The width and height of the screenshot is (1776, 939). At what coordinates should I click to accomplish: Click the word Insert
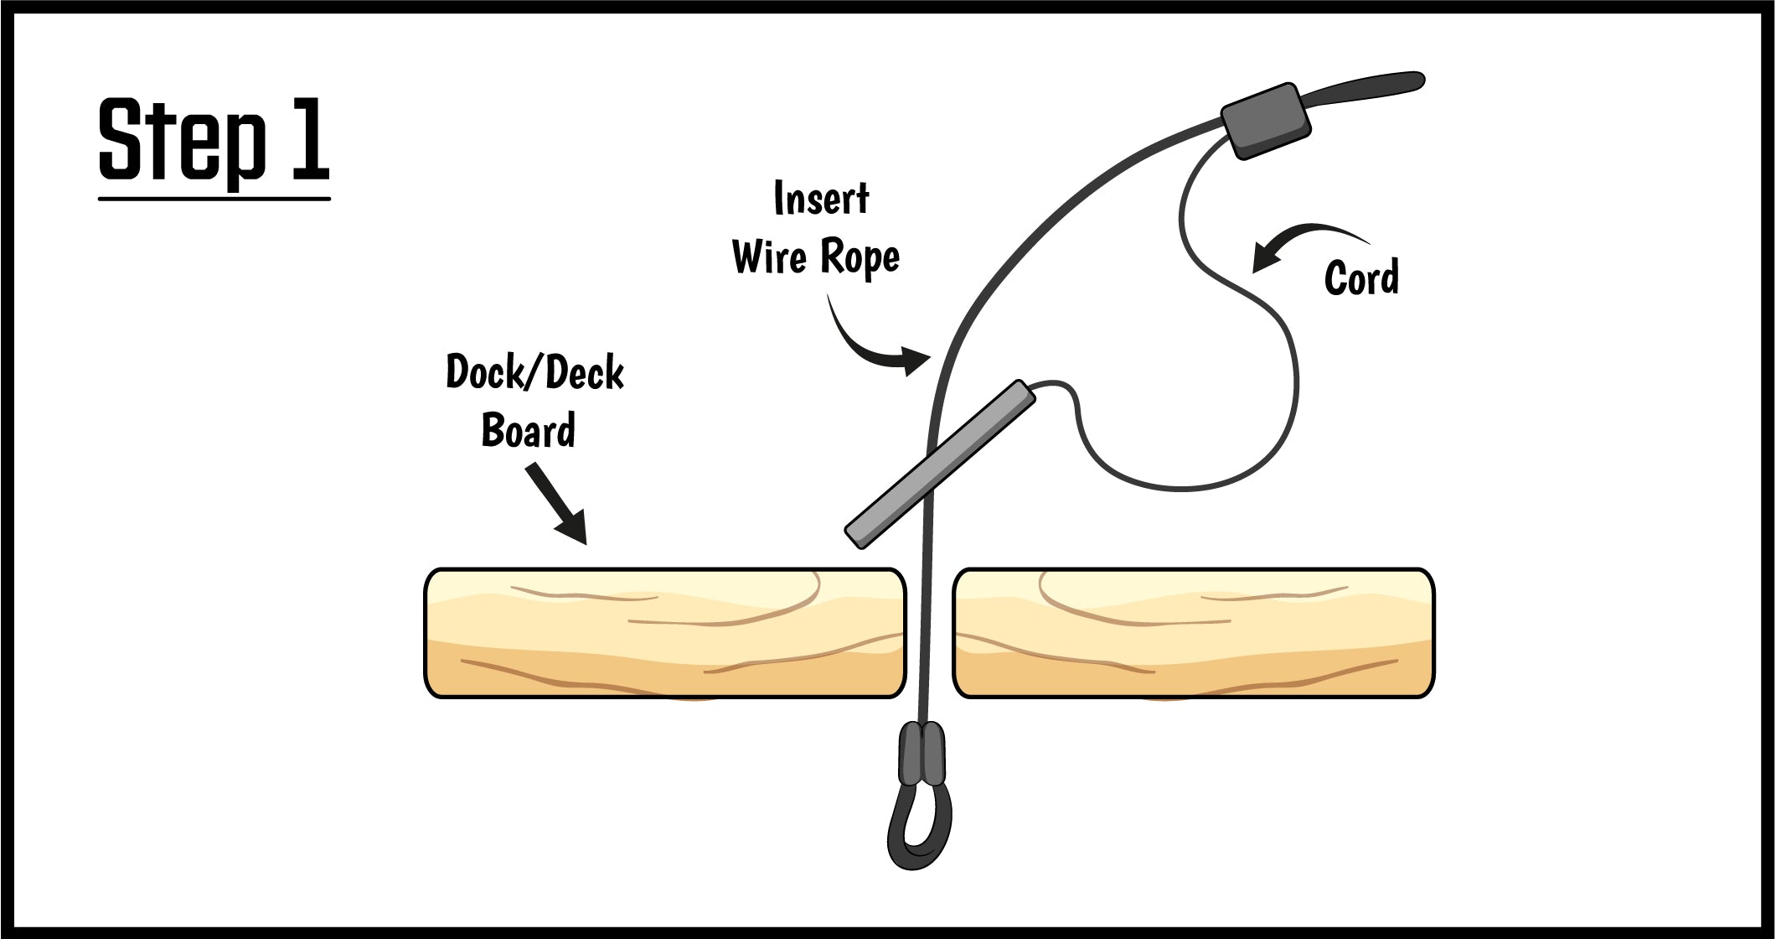[821, 199]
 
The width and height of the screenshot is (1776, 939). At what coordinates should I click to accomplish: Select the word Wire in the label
[769, 257]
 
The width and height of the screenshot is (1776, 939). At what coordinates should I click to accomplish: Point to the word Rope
[860, 257]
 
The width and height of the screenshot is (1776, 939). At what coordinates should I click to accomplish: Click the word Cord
[1361, 278]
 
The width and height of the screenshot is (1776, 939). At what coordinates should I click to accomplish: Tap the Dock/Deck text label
[534, 372]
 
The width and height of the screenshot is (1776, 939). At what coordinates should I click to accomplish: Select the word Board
[528, 430]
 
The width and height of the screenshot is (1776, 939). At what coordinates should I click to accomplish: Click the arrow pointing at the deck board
[558, 506]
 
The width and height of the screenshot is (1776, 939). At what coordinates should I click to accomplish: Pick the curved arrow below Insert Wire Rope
[871, 344]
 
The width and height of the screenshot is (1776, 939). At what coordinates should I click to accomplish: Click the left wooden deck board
[665, 633]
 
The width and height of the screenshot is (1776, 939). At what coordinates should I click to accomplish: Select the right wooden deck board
[1194, 633]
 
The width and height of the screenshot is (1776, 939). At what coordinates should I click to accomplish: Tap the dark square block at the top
[1266, 121]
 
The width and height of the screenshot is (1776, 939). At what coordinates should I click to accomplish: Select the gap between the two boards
[930, 633]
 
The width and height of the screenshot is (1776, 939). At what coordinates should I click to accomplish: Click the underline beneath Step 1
[214, 199]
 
